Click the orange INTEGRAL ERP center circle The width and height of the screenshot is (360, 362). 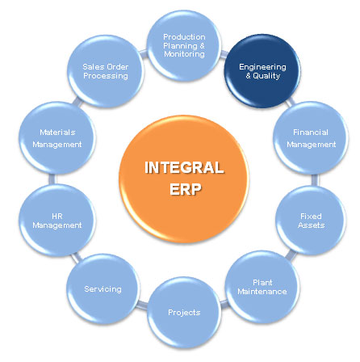(x=184, y=179)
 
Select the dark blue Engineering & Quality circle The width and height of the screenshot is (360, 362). (x=262, y=71)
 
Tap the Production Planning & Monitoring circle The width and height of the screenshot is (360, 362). (x=184, y=45)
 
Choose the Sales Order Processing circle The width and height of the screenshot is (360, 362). (x=106, y=71)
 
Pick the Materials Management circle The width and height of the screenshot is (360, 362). (x=57, y=138)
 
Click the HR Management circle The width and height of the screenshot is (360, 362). (x=57, y=221)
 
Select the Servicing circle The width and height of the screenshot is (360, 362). (x=103, y=288)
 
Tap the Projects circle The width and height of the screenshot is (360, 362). (x=184, y=313)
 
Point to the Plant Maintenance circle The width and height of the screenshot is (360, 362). (x=262, y=287)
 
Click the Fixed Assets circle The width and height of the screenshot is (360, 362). (x=311, y=221)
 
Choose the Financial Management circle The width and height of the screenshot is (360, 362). (x=311, y=138)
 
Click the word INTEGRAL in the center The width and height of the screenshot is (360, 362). (x=184, y=167)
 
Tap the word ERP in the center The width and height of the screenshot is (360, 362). (x=186, y=189)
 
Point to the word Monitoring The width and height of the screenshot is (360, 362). (x=184, y=54)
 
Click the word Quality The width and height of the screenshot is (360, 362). (x=266, y=76)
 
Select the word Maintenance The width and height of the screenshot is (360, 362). (x=262, y=292)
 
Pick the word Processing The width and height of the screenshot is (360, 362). (x=106, y=76)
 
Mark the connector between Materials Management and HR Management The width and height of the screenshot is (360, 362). (x=52, y=179)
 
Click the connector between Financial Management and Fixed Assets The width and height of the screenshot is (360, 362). (x=315, y=180)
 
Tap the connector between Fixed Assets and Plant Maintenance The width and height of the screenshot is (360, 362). (x=290, y=255)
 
